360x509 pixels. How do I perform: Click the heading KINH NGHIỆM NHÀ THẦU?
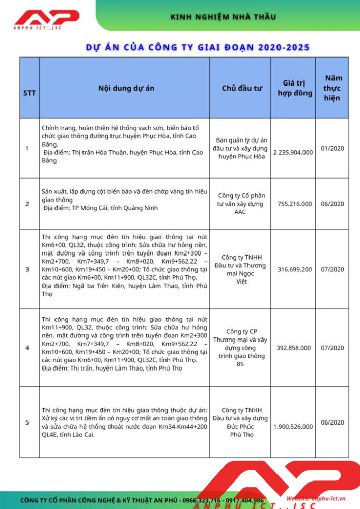(x=224, y=17)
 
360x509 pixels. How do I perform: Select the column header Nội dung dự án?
(x=126, y=88)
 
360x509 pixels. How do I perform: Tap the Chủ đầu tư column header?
(x=242, y=88)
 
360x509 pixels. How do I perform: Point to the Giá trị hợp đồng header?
(x=294, y=88)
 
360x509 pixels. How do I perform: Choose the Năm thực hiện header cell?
(x=333, y=88)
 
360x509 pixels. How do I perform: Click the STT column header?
(x=30, y=93)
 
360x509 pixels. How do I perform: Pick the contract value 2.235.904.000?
(x=293, y=152)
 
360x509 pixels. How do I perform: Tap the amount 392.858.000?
(x=293, y=348)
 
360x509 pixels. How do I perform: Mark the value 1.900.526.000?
(x=293, y=426)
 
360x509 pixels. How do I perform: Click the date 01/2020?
(x=333, y=148)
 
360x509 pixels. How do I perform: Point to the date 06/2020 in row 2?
(x=333, y=204)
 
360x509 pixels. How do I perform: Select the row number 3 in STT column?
(x=27, y=269)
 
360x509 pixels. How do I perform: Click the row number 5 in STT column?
(x=27, y=422)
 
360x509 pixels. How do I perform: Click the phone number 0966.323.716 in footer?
(x=208, y=500)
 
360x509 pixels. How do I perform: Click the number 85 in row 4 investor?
(x=240, y=364)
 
